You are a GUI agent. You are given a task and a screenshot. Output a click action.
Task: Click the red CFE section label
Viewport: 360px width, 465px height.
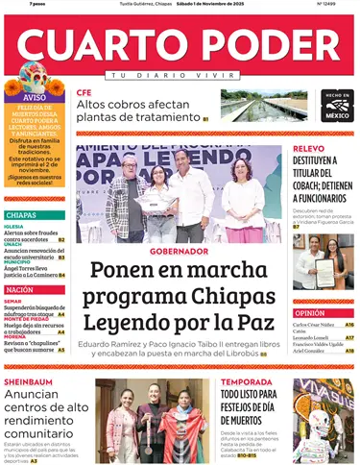[84, 92]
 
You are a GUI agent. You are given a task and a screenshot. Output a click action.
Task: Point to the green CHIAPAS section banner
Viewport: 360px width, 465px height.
[21, 215]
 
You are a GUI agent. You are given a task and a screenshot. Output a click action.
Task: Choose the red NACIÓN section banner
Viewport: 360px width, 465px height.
[20, 289]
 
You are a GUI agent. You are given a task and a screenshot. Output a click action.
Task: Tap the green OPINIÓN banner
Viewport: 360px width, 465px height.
[310, 313]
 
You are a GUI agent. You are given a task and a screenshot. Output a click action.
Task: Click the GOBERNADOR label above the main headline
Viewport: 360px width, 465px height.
[179, 251]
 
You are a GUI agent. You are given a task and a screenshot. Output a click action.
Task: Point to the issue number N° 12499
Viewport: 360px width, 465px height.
[333, 4]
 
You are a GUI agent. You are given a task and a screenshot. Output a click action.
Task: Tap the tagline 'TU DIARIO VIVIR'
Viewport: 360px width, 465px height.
[179, 75]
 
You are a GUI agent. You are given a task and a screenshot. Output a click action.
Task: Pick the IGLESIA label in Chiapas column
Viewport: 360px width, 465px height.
[14, 227]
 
